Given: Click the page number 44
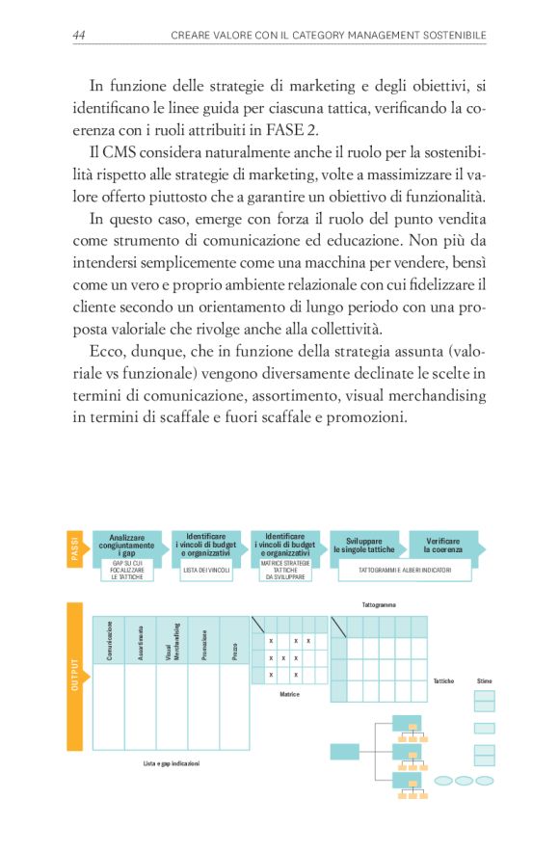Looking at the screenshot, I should point(80,36).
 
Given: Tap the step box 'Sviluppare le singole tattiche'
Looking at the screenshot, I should point(364,545).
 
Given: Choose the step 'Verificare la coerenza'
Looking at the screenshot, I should point(442,545).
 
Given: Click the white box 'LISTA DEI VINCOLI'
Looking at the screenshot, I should point(205,571).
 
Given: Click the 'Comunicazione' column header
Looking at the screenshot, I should point(110,639).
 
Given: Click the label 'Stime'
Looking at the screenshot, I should point(484,681).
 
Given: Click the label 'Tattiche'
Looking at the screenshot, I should point(443,681).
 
